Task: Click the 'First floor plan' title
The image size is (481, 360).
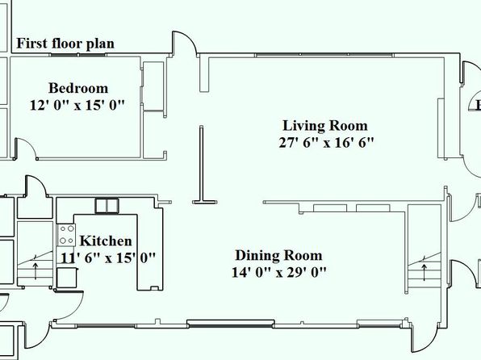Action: pos(65,44)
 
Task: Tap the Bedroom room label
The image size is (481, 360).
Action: pos(78,89)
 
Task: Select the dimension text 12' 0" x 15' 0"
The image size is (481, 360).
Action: pos(77,105)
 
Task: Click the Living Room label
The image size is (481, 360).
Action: pos(325,126)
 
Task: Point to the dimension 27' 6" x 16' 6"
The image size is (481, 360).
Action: pos(326,143)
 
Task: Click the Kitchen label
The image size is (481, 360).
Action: pos(106,241)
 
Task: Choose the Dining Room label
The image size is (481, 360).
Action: pos(278,256)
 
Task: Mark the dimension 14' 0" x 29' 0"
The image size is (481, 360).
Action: pos(279,272)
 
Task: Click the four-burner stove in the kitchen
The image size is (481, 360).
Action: pos(66,235)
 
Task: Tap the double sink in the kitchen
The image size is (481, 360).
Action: pos(107,206)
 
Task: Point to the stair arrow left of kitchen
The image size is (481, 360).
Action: pos(36,270)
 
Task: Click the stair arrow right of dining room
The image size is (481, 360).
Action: pos(425,272)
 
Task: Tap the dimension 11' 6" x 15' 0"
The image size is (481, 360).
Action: pos(108,257)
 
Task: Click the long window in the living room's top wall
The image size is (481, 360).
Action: pos(324,55)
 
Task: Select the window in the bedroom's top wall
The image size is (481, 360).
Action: pos(78,55)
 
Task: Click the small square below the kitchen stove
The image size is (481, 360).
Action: pos(66,278)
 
